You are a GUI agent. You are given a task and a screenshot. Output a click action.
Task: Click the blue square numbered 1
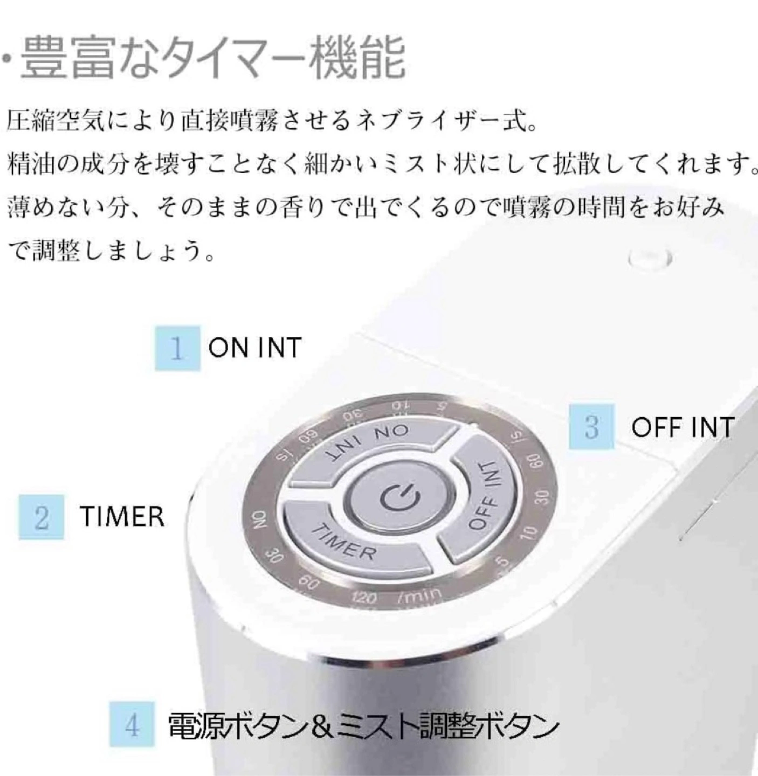click(177, 348)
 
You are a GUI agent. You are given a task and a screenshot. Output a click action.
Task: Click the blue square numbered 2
click(42, 517)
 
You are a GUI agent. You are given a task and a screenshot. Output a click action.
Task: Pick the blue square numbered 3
click(591, 427)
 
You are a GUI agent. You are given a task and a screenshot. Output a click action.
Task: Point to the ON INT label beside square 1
click(254, 348)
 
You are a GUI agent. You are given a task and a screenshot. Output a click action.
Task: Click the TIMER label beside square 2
click(122, 517)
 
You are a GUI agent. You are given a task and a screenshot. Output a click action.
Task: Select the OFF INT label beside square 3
click(683, 427)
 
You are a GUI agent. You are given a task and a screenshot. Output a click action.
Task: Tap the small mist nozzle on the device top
click(650, 259)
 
